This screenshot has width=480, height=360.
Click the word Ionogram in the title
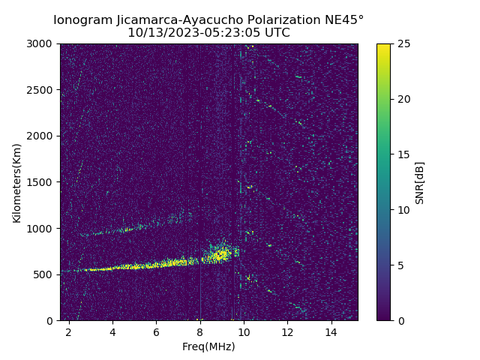coord(82,20)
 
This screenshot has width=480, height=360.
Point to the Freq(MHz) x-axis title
coord(208,346)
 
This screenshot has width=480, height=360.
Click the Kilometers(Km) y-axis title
coord(17,182)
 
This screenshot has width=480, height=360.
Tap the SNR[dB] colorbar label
coord(420,182)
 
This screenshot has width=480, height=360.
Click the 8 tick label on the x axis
coord(200,331)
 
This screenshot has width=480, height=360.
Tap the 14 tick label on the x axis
coord(331,331)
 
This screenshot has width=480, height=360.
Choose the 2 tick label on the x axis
coord(69,331)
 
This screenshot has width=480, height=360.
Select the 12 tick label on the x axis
coord(287,331)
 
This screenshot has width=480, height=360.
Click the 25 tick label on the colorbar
coord(404,44)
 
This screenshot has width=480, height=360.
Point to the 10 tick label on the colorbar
coord(404,210)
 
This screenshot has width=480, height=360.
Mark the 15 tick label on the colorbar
coord(404,154)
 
